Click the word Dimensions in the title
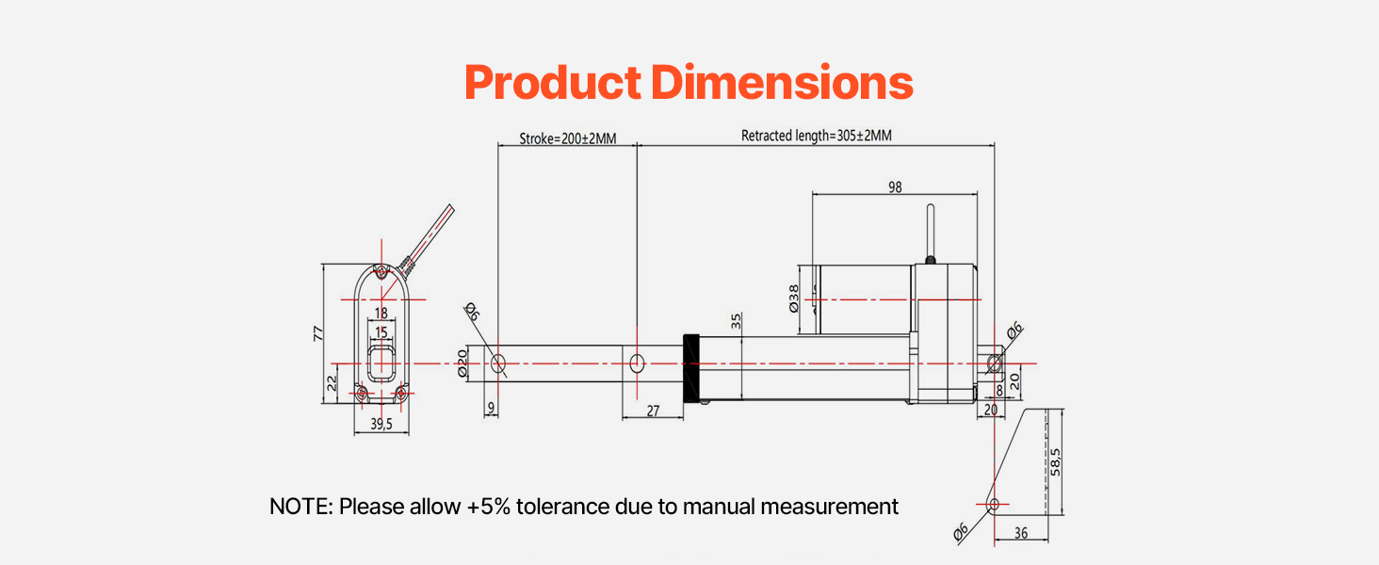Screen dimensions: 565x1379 click(x=782, y=84)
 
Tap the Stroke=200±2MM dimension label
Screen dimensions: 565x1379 click(x=567, y=137)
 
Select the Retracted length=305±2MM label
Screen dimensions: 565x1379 click(x=816, y=136)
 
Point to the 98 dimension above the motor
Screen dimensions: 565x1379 click(x=894, y=187)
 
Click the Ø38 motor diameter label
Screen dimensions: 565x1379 click(x=793, y=299)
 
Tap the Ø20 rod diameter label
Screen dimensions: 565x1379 click(x=462, y=363)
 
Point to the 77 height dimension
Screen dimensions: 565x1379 click(x=318, y=332)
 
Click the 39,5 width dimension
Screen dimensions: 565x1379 click(x=381, y=425)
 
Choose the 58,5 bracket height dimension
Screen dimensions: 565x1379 click(x=1056, y=461)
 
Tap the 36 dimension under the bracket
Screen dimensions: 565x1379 click(x=1021, y=533)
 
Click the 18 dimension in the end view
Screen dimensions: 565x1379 click(x=381, y=313)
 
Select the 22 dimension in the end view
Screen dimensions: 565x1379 click(x=332, y=383)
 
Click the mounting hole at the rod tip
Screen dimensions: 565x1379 click(x=499, y=363)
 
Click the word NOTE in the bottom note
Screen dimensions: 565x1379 click(x=297, y=507)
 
